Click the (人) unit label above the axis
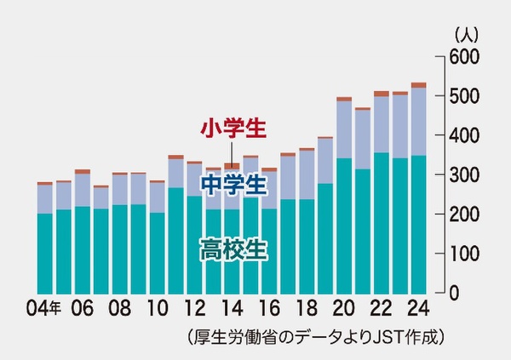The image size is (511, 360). click(x=467, y=35)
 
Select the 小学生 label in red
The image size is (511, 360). click(x=233, y=129)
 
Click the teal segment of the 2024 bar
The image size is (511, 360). click(x=418, y=226)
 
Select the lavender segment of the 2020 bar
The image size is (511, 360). click(x=344, y=129)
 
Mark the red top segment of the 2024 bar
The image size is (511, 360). click(x=418, y=85)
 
